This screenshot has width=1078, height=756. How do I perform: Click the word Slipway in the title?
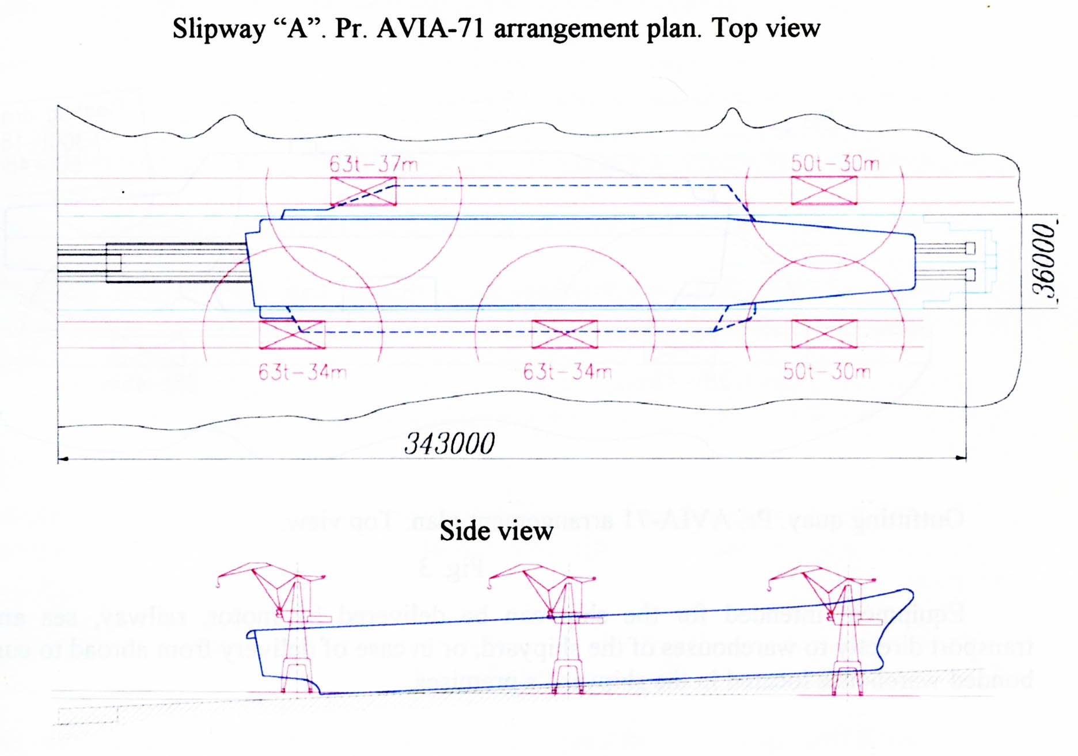click(x=219, y=29)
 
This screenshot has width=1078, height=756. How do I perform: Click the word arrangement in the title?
click(x=567, y=29)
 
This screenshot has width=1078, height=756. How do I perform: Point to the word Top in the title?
click(x=732, y=29)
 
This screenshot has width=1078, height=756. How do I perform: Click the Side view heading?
click(x=496, y=530)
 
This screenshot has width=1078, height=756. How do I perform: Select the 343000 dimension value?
click(x=449, y=444)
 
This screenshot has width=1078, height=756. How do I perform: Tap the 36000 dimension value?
click(x=1044, y=260)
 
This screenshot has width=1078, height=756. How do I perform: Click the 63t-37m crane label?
click(x=373, y=165)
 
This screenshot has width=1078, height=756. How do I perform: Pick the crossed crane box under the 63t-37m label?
click(x=363, y=191)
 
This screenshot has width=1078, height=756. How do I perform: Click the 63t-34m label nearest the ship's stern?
click(x=302, y=372)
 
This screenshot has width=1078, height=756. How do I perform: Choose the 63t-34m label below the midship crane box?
click(x=567, y=372)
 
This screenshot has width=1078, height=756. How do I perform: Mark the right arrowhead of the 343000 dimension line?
click(x=962, y=458)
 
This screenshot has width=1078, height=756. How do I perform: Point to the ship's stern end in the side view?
click(x=251, y=635)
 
